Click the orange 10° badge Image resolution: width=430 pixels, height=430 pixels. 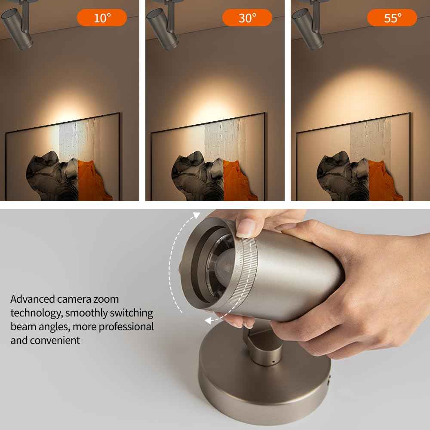102,18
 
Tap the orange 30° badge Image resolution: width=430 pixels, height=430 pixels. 247,18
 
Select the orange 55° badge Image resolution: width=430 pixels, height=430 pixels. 392,18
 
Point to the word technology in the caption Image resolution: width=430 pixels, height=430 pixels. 36,313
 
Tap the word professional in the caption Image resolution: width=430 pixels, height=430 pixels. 126,326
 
